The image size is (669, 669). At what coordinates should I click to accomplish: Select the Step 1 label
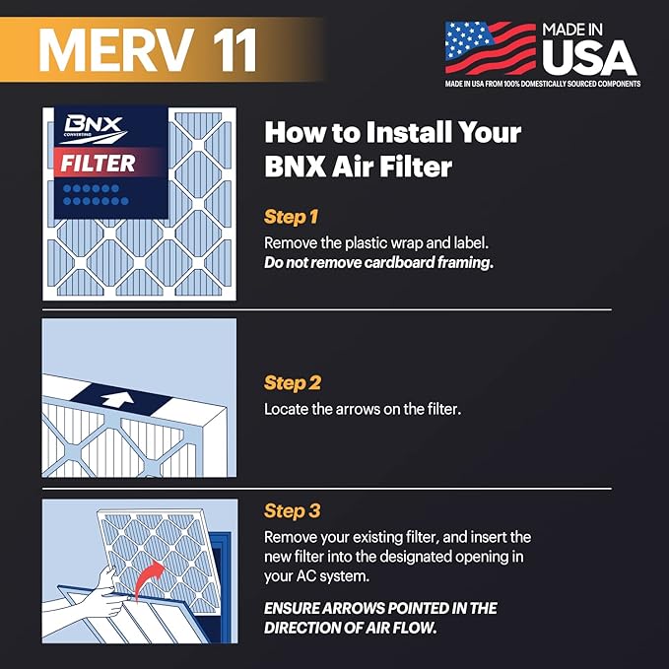[x=293, y=217]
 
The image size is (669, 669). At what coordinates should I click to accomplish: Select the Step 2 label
[x=293, y=382]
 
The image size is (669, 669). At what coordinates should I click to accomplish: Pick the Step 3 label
[x=293, y=511]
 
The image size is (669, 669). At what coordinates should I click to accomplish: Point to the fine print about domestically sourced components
[x=543, y=84]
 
